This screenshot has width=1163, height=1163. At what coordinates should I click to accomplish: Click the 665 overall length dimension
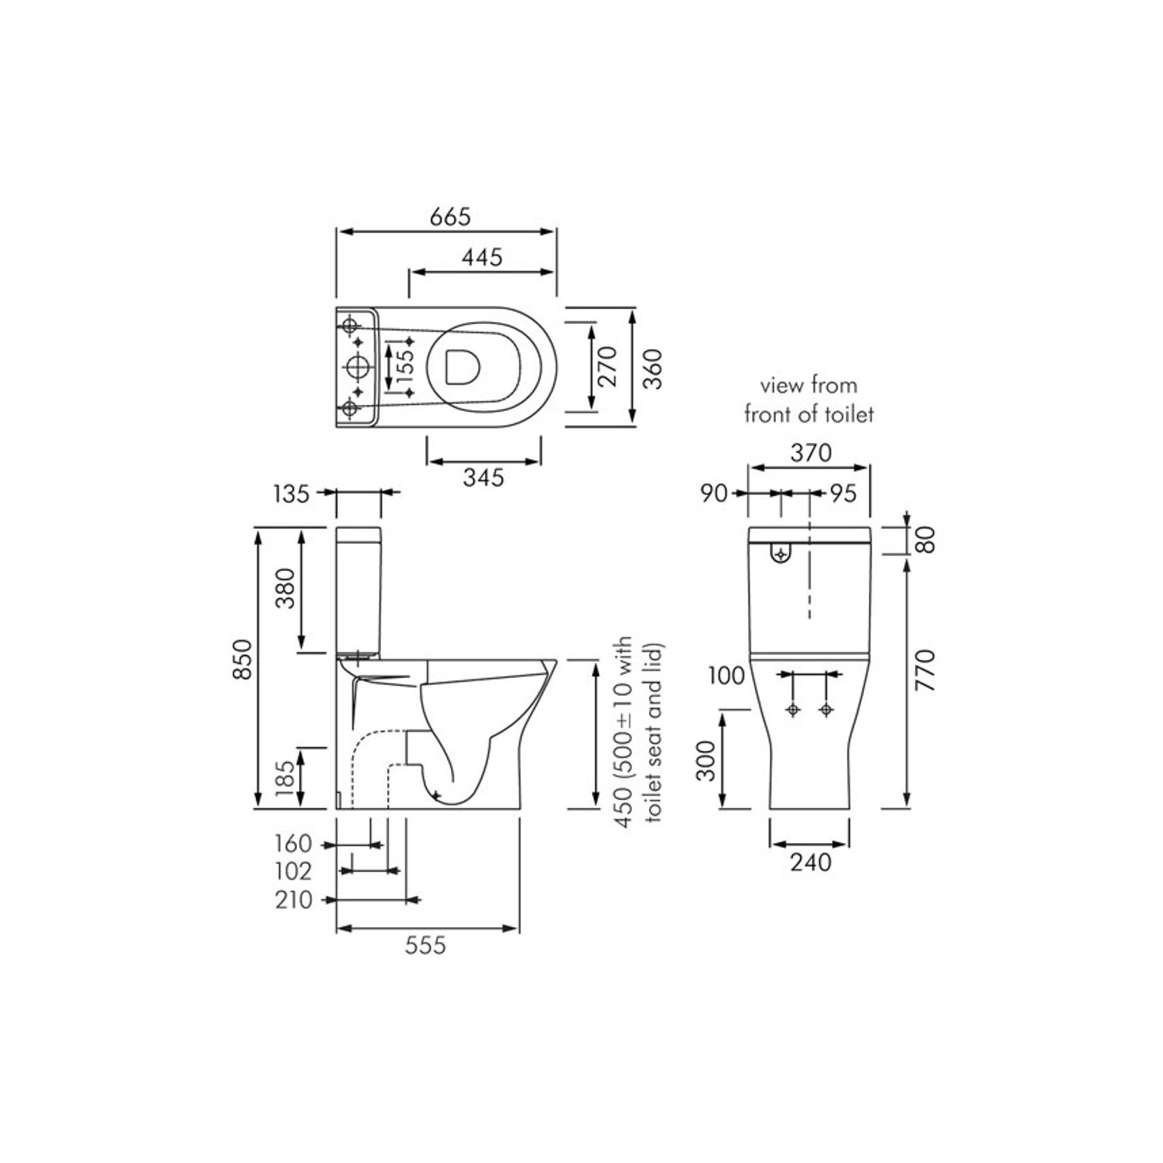coord(450,217)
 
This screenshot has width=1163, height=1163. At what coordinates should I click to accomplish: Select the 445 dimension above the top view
coord(482,257)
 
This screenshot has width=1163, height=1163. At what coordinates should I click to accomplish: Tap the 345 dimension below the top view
coord(483,477)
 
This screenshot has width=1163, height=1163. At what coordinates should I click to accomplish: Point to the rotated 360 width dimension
coord(654,368)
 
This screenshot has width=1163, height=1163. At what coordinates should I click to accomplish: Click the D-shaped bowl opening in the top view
coord(462,366)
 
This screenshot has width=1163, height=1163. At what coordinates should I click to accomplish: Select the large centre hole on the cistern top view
coord(357,366)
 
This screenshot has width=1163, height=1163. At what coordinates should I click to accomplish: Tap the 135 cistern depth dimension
coord(291,494)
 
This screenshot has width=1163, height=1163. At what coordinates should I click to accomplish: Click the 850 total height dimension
coord(243,659)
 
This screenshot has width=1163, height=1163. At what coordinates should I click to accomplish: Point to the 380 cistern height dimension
coord(285,588)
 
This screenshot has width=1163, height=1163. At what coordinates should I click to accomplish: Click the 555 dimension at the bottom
coord(425,944)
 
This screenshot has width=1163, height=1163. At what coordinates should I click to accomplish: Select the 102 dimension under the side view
coord(293,872)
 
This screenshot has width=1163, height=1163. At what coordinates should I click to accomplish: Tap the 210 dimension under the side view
coord(293,900)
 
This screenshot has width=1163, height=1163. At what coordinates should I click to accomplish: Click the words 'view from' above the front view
coord(808,385)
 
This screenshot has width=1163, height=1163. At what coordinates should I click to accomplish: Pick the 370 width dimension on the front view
coord(810,453)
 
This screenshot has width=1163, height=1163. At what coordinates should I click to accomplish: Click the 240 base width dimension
coord(810,862)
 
